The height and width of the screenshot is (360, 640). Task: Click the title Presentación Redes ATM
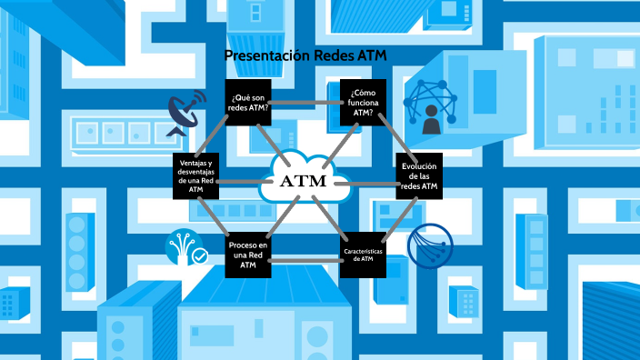tap(305, 56)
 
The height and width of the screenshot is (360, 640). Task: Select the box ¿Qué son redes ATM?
tap(248, 102)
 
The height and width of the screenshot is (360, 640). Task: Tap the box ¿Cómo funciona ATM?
tap(363, 102)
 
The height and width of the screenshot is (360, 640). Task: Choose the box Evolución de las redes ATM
tap(419, 175)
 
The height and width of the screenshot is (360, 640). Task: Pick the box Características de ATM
tap(363, 254)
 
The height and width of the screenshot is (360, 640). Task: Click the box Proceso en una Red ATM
tap(248, 254)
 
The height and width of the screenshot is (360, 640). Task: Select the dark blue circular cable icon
tap(431, 246)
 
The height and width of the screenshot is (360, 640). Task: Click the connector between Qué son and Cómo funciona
tap(305, 102)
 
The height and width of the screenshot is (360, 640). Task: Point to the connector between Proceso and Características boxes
tap(305, 262)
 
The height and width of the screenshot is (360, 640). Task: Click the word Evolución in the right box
tap(419, 165)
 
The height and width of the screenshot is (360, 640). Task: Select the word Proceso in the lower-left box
tap(248, 245)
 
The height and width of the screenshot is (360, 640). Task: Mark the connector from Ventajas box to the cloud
tap(238, 181)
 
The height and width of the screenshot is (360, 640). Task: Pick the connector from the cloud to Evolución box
tap(373, 182)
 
